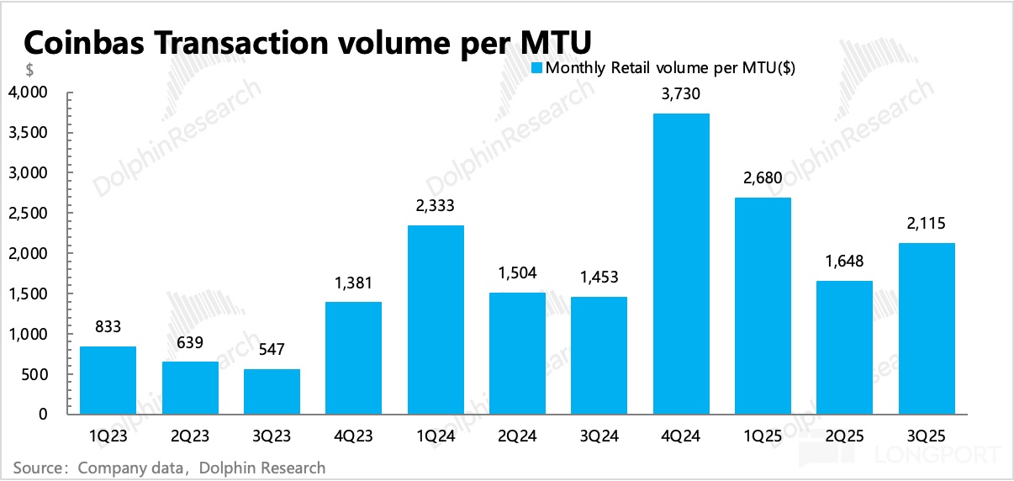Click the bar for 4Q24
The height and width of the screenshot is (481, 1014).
pyautogui.click(x=680, y=264)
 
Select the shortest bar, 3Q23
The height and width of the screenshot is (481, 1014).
pyautogui.click(x=272, y=392)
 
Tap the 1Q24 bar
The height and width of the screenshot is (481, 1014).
pyautogui.click(x=436, y=320)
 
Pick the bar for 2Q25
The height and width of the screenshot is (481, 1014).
pyautogui.click(x=844, y=347)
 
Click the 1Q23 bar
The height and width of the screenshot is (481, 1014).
pyautogui.click(x=108, y=380)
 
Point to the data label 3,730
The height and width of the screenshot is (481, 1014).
pyautogui.click(x=680, y=95)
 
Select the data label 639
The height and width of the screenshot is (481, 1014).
pyautogui.click(x=190, y=343)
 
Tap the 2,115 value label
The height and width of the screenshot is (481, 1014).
pyautogui.click(x=926, y=225)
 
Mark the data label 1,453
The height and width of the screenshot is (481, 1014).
pyautogui.click(x=599, y=277)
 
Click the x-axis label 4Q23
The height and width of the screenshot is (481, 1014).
pyautogui.click(x=353, y=437)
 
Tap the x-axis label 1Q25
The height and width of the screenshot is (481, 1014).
pyautogui.click(x=762, y=437)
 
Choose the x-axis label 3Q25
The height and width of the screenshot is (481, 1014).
pyautogui.click(x=926, y=437)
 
